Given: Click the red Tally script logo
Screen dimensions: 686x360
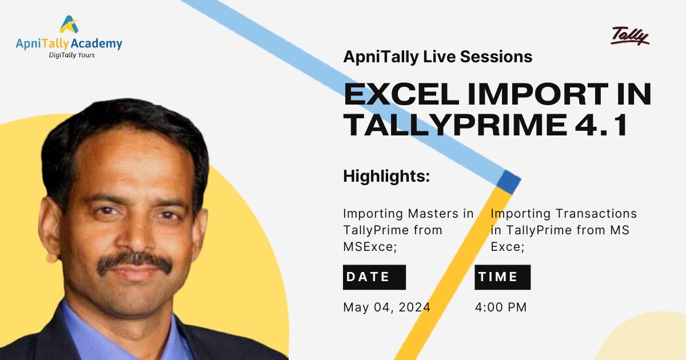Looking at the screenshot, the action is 629,36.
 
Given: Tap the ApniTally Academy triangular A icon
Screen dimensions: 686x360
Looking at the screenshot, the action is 69,24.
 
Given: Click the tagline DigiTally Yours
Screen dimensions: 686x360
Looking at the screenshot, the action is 71,55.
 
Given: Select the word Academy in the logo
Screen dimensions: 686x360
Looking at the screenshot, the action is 97,44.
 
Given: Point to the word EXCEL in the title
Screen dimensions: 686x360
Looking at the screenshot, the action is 401,94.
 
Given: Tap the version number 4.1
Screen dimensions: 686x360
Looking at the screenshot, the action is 601,125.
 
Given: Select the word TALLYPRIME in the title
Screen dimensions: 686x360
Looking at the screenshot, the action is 456,125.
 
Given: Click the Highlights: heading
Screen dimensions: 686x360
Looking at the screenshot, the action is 386,176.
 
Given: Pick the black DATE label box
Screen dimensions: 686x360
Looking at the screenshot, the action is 374,277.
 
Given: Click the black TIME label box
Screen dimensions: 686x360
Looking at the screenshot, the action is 502,277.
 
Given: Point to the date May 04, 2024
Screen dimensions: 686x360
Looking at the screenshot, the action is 387,307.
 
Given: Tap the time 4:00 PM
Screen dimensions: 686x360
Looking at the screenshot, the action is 501,307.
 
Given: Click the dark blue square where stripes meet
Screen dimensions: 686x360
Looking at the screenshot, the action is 508,182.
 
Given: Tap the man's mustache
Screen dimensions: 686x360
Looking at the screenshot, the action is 134,263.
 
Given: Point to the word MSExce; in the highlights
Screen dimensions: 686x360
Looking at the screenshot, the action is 370,247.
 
